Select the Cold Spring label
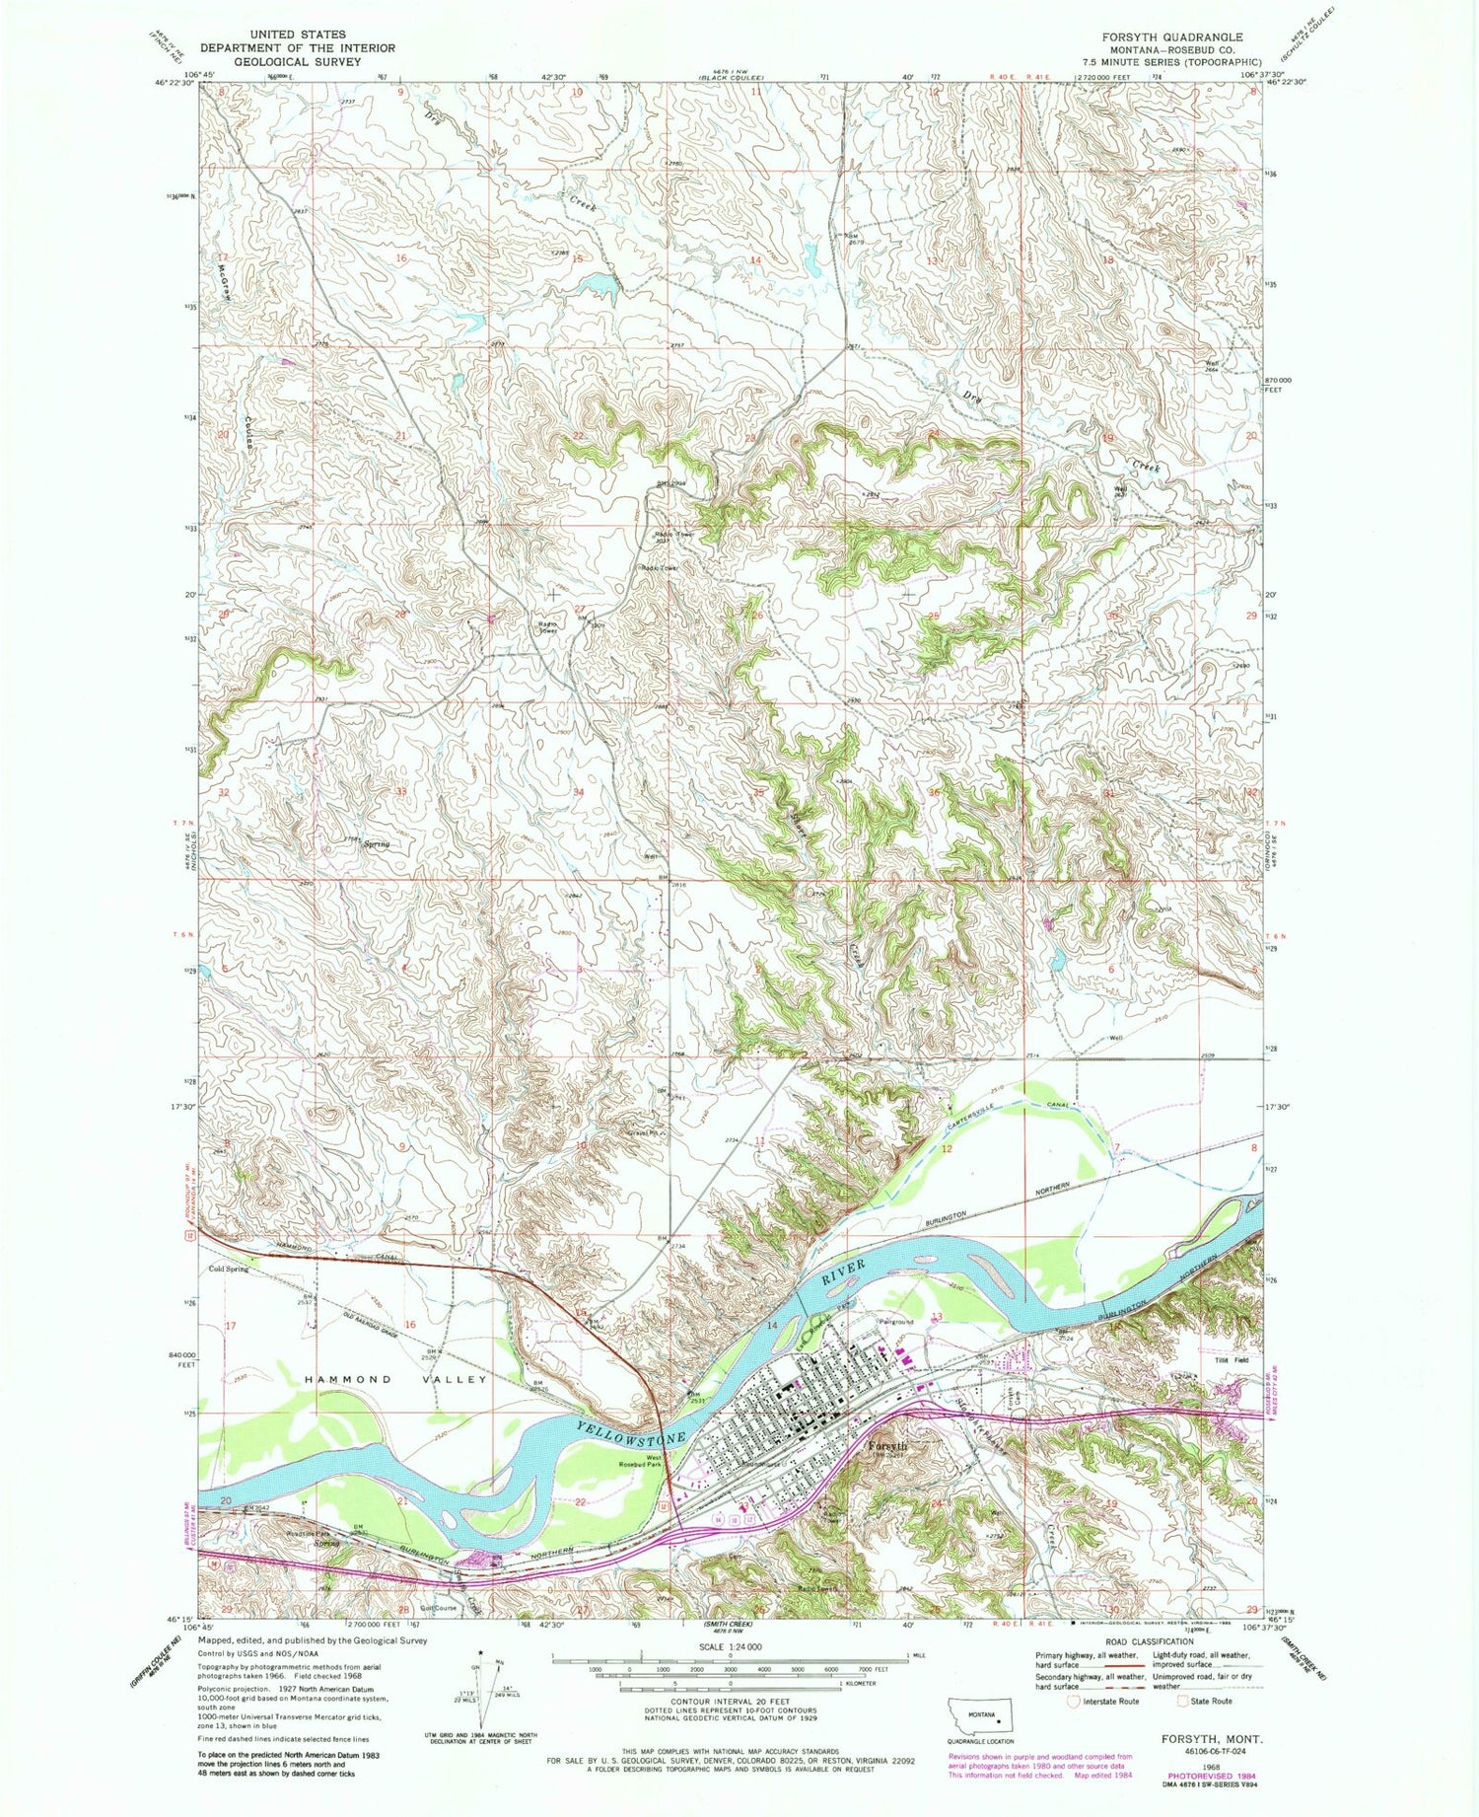pos(229,1270)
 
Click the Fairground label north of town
pos(897,1323)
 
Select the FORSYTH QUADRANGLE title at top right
pos(1159,36)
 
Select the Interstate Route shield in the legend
pos(1072,1701)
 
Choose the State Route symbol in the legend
pos(1182,1701)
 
